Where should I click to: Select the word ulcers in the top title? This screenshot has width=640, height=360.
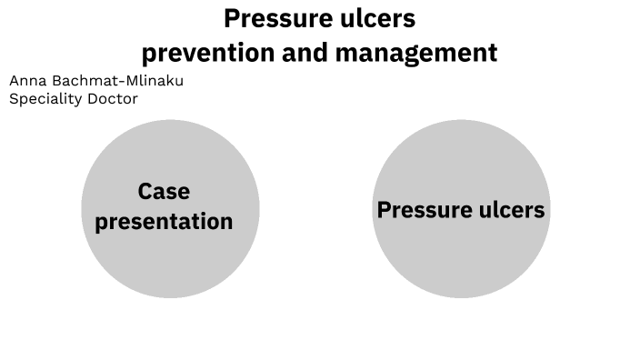(x=376, y=18)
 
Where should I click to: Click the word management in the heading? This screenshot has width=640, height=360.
(x=416, y=54)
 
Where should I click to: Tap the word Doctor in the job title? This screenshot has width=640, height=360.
(x=113, y=98)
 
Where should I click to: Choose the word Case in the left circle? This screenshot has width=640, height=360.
(x=164, y=192)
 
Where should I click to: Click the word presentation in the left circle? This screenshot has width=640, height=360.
(x=164, y=222)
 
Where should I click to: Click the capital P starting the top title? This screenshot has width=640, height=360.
(x=232, y=18)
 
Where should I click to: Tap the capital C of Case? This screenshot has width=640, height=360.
(x=145, y=192)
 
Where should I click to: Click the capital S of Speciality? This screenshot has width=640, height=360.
(x=14, y=98)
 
